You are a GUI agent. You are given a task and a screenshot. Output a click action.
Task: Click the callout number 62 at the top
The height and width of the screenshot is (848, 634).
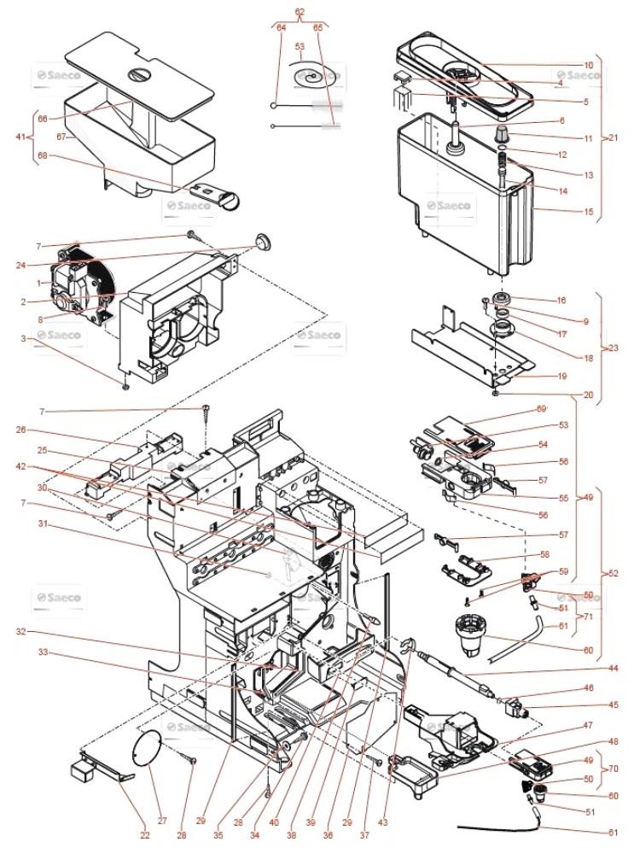click(300, 11)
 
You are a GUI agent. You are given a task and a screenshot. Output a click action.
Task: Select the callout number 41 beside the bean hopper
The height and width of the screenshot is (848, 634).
click(21, 137)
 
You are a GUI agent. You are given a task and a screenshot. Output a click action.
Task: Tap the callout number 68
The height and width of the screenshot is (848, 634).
click(43, 155)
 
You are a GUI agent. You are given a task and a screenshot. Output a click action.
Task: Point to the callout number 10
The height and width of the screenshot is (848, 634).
click(564, 65)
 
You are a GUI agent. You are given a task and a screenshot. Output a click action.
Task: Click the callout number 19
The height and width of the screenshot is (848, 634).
click(564, 376)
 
